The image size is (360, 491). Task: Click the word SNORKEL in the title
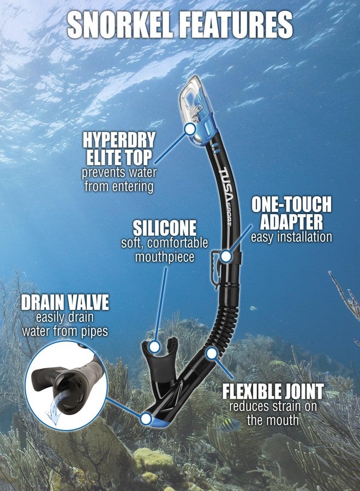(120, 25)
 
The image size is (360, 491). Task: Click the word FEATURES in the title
(236, 25)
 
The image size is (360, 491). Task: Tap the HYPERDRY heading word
(119, 140)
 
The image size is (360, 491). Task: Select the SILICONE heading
(165, 228)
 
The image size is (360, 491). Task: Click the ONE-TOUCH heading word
(291, 205)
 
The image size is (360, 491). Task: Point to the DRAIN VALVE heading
(65, 302)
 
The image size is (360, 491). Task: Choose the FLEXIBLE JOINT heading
(273, 391)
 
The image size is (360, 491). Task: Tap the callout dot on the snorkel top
(190, 129)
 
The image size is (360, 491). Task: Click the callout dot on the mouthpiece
(154, 346)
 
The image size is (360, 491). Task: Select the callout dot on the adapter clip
(226, 256)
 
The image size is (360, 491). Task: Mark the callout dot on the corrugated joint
(212, 354)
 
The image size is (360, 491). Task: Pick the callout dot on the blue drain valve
(146, 418)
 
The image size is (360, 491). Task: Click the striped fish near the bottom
(230, 425)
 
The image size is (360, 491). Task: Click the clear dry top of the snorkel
(196, 110)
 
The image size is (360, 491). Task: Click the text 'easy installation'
(291, 237)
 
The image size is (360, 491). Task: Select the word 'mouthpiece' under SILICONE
(165, 258)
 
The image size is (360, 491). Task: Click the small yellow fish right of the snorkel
(253, 308)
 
